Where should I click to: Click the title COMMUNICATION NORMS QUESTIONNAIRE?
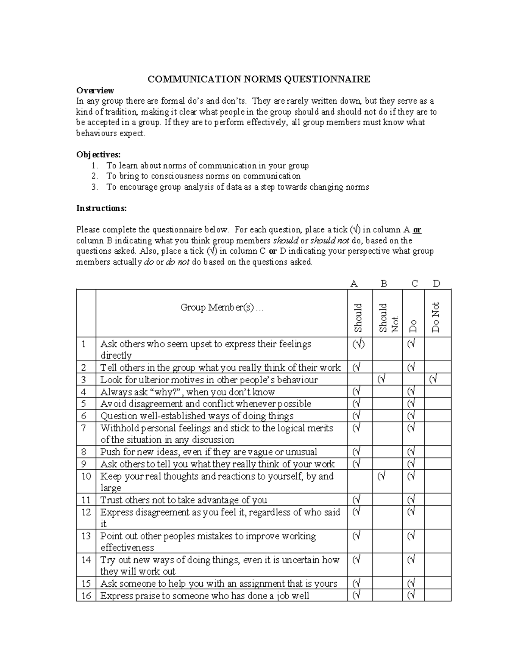click(x=259, y=80)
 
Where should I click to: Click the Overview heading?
click(x=95, y=90)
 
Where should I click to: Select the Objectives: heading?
click(x=98, y=155)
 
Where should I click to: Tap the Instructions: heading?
click(x=101, y=208)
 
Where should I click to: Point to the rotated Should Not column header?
click(x=387, y=318)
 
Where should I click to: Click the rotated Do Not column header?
click(x=435, y=317)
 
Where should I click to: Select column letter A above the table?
click(x=354, y=284)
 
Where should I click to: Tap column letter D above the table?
click(x=436, y=284)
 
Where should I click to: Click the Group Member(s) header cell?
click(x=221, y=308)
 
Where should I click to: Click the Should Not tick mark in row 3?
click(x=381, y=380)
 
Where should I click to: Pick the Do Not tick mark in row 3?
click(x=433, y=380)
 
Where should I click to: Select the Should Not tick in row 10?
click(x=381, y=476)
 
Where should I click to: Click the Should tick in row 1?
click(x=358, y=344)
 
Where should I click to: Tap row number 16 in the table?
click(x=86, y=596)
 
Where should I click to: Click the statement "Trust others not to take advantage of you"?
click(x=183, y=500)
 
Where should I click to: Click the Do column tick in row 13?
click(x=411, y=536)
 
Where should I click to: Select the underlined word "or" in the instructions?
click(x=417, y=230)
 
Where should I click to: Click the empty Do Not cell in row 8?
click(x=437, y=452)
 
